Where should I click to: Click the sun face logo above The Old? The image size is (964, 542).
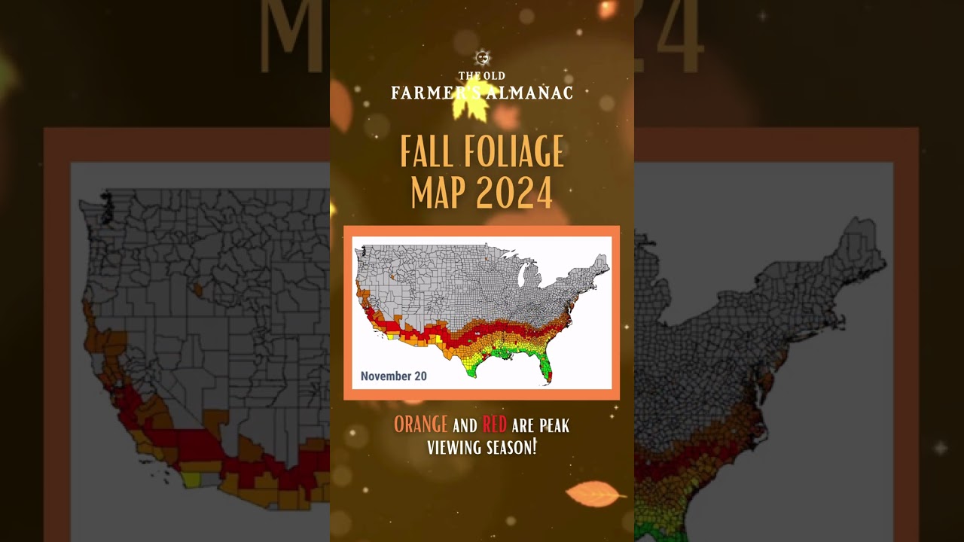click(x=483, y=58)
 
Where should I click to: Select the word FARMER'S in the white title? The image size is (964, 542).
click(x=426, y=93)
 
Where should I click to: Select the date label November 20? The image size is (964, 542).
click(x=393, y=376)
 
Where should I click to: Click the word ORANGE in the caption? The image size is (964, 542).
click(x=420, y=425)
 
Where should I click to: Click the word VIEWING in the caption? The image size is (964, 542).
click(x=454, y=447)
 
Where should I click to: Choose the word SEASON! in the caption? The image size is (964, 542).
click(x=511, y=447)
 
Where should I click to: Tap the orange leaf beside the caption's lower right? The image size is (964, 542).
click(x=594, y=494)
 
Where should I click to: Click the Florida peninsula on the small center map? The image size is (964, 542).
click(x=548, y=370)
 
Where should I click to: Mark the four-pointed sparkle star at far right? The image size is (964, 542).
click(x=940, y=448)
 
